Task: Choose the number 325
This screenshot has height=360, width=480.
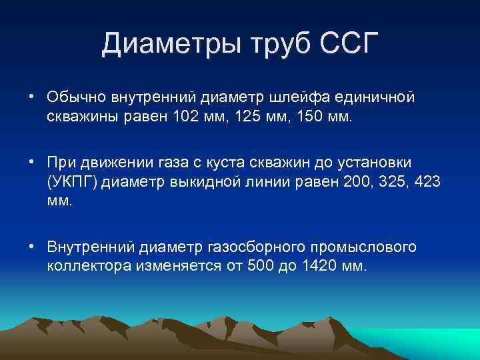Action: click(x=383, y=182)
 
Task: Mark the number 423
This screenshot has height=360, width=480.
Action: click(x=425, y=182)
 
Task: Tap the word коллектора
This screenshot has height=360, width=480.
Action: click(x=89, y=266)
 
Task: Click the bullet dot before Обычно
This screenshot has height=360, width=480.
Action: click(x=32, y=97)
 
